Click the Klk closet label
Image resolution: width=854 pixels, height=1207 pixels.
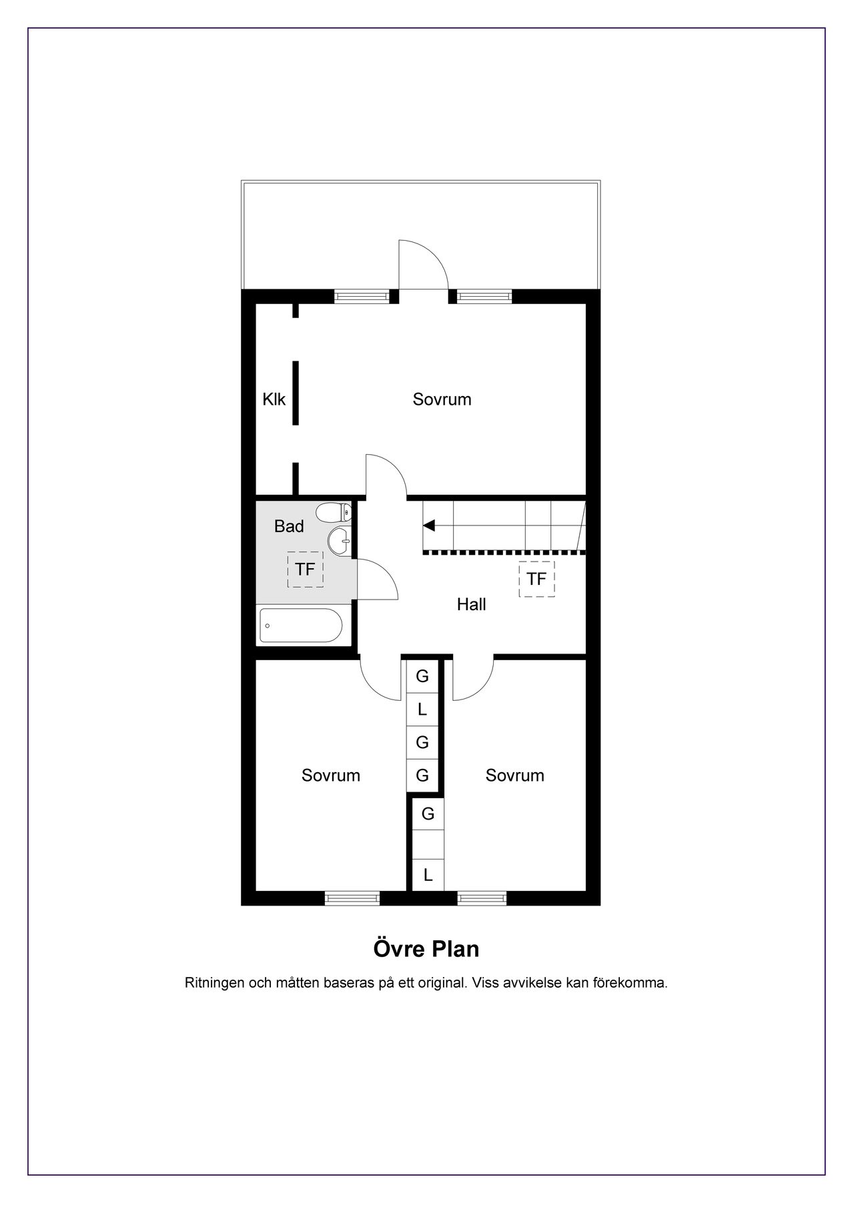point(274,399)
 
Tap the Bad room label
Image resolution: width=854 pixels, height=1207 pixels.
point(289,526)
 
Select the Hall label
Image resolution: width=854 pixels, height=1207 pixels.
point(471,604)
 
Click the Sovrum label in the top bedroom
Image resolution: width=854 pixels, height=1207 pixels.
point(442,399)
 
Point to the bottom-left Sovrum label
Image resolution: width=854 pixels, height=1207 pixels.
point(331,776)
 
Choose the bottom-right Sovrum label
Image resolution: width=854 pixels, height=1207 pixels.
point(515,776)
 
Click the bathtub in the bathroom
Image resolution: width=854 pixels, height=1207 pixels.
point(300,626)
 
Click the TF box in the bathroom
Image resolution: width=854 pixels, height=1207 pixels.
point(305,569)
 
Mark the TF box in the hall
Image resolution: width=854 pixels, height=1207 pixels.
point(536,579)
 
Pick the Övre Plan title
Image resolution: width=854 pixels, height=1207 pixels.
point(426,948)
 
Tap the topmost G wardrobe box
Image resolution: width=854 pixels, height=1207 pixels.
point(422,676)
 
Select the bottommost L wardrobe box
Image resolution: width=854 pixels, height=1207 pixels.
point(428,874)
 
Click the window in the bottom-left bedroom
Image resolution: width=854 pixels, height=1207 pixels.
point(352,898)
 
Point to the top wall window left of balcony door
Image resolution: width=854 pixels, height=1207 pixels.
point(361,297)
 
